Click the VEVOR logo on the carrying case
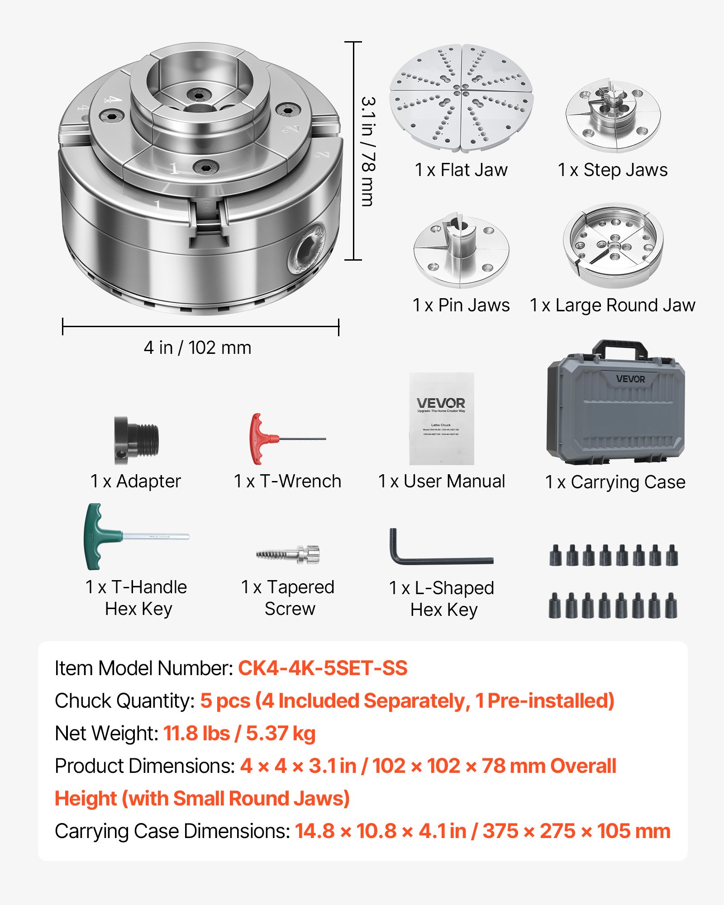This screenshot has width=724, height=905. click(630, 379)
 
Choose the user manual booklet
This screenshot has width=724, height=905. click(442, 419)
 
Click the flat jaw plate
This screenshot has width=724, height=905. click(461, 98)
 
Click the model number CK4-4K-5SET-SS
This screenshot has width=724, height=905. click(323, 668)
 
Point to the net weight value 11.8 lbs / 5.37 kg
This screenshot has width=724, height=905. click(239, 734)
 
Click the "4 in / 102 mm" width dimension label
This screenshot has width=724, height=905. click(197, 348)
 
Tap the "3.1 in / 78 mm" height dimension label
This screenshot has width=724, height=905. click(368, 152)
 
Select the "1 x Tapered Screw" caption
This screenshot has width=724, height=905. click(288, 598)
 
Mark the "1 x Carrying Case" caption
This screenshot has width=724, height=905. click(615, 482)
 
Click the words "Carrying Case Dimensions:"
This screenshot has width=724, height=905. click(172, 831)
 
